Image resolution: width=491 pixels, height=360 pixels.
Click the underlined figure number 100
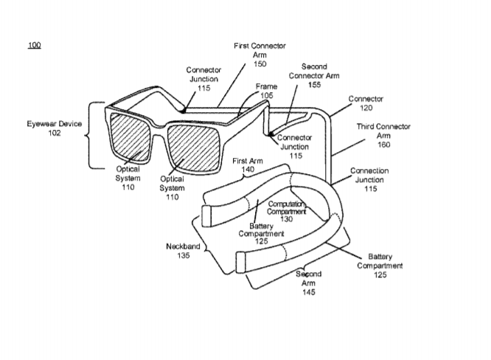(35, 45)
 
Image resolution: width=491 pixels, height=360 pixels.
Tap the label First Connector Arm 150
(260, 55)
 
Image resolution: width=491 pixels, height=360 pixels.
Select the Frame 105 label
(266, 91)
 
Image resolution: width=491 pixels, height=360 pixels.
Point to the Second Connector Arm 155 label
(314, 75)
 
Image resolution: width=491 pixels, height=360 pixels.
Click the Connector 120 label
(366, 103)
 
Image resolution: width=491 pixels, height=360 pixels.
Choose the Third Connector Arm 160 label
(383, 135)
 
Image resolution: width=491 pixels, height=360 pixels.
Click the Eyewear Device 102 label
(54, 128)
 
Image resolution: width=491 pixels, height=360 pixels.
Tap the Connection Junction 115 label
(370, 179)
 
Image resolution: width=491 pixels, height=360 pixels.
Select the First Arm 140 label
(248, 165)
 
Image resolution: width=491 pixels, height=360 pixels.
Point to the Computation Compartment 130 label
(286, 212)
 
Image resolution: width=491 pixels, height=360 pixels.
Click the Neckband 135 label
(183, 251)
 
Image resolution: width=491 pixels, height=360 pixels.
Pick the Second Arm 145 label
(308, 283)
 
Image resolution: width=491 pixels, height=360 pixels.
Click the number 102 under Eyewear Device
(54, 133)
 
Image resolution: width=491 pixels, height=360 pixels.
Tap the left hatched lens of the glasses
(130, 137)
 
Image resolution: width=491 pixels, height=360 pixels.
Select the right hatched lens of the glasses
(193, 148)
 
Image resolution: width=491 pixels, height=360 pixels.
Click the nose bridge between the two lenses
(159, 126)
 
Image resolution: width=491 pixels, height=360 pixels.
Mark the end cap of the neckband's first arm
(206, 216)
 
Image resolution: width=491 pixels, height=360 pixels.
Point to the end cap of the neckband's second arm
(240, 262)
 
